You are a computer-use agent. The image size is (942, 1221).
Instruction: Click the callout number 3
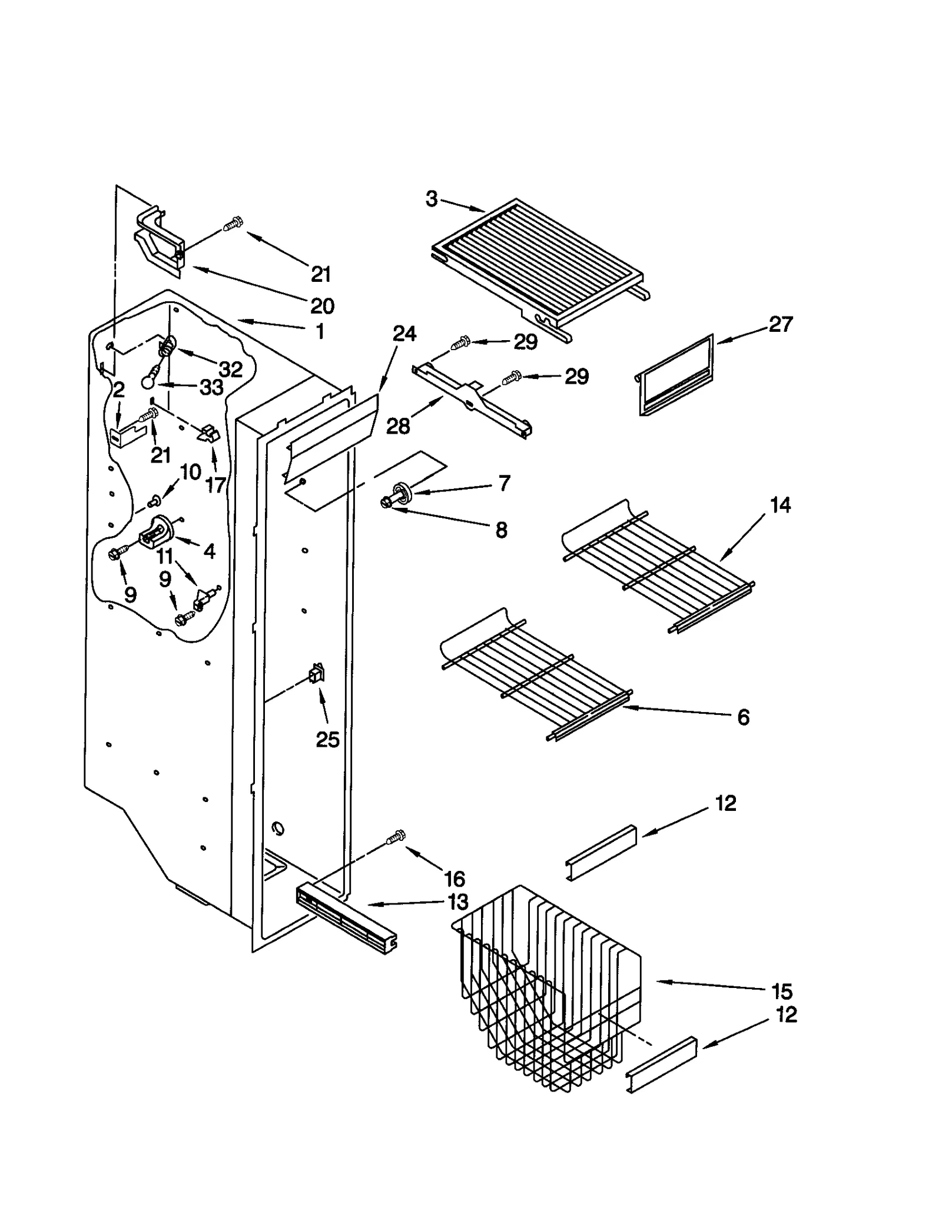(x=432, y=199)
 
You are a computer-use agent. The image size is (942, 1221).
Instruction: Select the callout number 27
(x=781, y=324)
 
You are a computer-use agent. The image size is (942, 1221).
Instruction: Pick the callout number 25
(x=327, y=740)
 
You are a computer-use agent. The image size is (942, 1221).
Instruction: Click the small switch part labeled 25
(x=317, y=674)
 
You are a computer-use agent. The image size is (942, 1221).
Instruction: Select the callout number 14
(x=781, y=505)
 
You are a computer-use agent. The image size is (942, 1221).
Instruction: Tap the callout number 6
(x=744, y=717)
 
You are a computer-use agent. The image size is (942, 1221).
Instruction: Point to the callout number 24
(x=404, y=334)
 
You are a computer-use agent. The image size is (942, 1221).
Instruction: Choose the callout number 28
(x=398, y=425)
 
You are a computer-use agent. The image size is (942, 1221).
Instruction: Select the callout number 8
(x=501, y=530)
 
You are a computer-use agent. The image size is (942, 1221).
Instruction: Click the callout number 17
(x=216, y=485)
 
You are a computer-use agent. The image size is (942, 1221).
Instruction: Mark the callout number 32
(x=230, y=369)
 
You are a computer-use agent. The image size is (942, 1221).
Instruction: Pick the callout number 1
(x=320, y=331)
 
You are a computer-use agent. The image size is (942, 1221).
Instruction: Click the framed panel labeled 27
(x=676, y=377)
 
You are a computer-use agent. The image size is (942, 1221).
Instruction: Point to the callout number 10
(x=191, y=471)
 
